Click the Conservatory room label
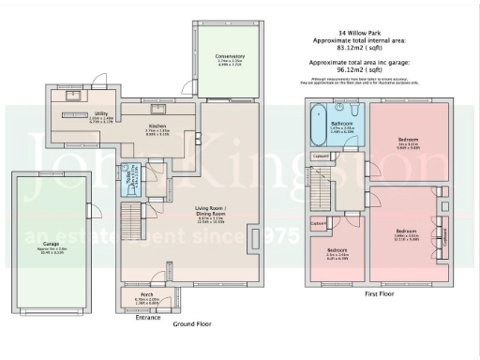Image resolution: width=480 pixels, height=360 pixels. click(229, 56)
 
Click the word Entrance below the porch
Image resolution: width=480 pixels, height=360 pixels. click(148, 318)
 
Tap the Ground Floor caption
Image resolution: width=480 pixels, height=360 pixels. click(192, 323)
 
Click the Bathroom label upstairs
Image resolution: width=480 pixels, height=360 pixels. click(341, 122)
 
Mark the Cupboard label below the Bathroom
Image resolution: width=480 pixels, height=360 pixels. click(322, 156)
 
